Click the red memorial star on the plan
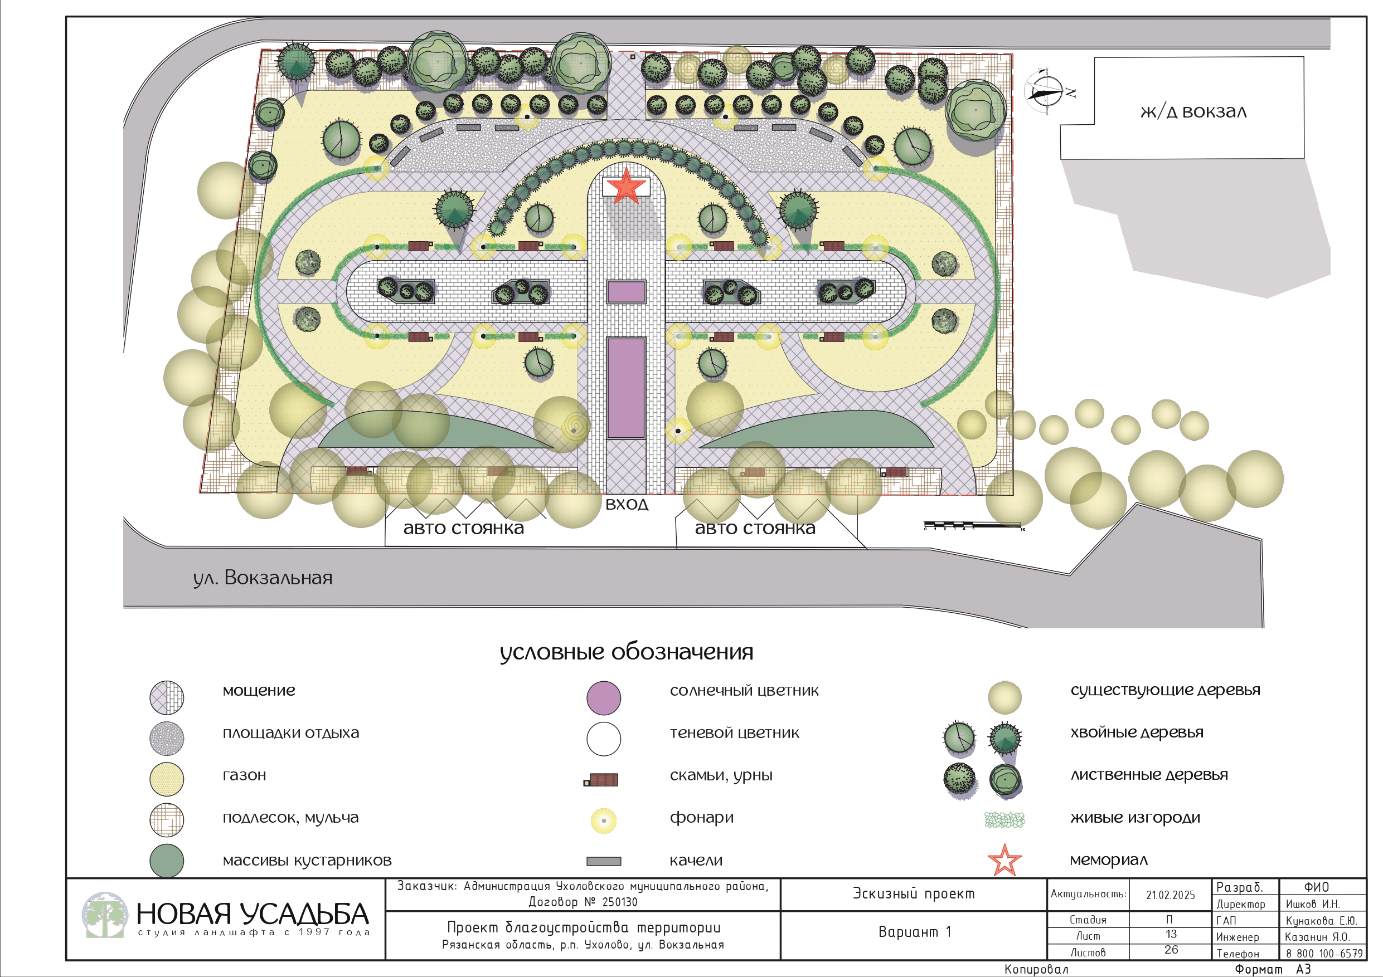[x=626, y=186]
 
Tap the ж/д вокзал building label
[x=1193, y=112]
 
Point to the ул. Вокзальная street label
[x=263, y=578]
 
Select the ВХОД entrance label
[x=627, y=505]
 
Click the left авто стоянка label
[x=463, y=529]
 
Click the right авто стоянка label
[x=755, y=529]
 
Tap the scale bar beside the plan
[x=972, y=525]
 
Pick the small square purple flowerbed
[x=626, y=292]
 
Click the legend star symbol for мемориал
[x=1004, y=861]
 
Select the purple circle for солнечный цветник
[x=604, y=698]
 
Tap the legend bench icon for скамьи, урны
[x=601, y=780]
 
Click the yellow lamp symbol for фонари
[x=604, y=820]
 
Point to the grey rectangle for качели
[x=604, y=862]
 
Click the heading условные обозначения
[x=627, y=652]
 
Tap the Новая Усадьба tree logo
[x=105, y=915]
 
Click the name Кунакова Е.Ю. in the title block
[x=1321, y=920]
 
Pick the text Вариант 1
[x=914, y=932]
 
